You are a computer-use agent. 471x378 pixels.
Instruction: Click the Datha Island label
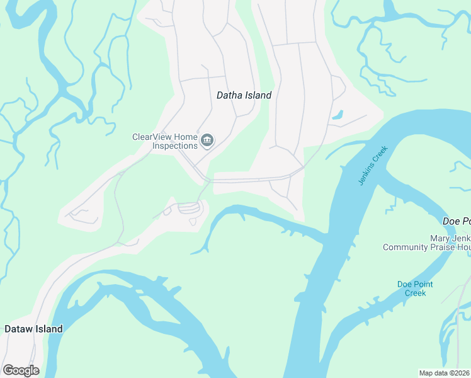coord(244,95)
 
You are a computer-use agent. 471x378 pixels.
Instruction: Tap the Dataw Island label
coord(33,329)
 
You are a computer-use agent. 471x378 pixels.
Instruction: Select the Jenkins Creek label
coord(373,166)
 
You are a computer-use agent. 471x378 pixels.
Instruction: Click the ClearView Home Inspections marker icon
coord(207,140)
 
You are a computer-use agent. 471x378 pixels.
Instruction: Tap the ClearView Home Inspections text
coord(165,141)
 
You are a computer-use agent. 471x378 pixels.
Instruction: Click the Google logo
coord(21,370)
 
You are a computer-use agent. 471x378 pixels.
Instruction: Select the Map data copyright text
coord(445,373)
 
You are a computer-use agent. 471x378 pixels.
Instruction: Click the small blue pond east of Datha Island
coord(338,115)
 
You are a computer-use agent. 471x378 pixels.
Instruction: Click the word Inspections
coord(175,146)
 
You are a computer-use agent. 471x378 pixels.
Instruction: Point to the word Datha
coord(230,95)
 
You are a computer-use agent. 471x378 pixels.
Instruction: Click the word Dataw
coord(17,329)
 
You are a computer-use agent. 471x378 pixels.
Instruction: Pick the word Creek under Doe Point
coord(415,293)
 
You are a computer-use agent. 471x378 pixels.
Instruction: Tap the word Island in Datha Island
coord(258,95)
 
